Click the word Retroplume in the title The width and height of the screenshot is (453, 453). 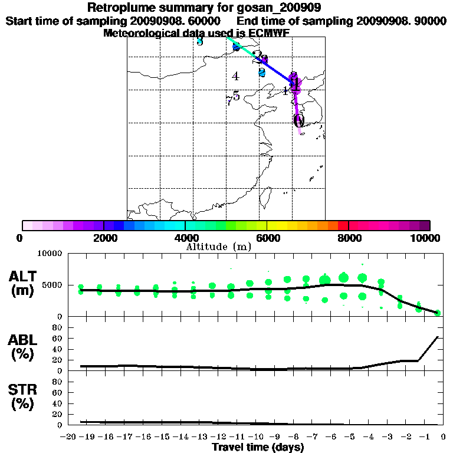click(x=119, y=8)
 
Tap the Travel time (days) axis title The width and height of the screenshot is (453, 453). click(x=258, y=448)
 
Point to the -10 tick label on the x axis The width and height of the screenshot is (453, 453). click(x=251, y=437)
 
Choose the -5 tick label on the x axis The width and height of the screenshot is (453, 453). click(x=343, y=437)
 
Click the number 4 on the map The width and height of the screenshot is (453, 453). click(x=235, y=76)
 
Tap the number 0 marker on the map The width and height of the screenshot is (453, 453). click(x=298, y=122)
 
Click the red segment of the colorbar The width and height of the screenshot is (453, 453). click(x=343, y=225)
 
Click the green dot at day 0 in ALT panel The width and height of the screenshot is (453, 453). click(x=438, y=313)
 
